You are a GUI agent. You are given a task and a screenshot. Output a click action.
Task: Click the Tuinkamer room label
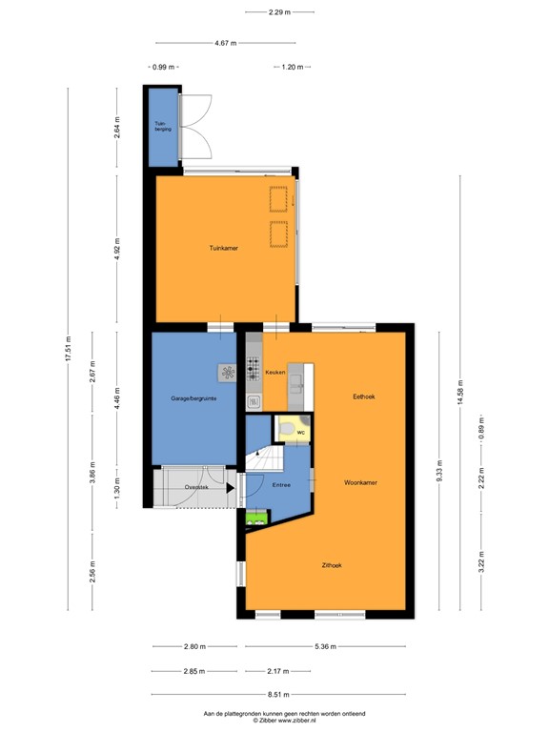[224, 248]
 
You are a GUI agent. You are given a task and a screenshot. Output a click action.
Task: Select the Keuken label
[275, 373]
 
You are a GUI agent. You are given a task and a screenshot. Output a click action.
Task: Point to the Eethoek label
[363, 396]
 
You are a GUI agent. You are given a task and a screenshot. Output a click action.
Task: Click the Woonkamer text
[361, 483]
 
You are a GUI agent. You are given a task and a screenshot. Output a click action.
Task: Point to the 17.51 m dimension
[68, 349]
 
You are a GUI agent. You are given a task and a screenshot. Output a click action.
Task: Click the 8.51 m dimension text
[279, 695]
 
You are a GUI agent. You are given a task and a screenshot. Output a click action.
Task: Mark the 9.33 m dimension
[438, 472]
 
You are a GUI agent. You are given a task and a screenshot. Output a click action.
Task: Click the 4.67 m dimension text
[226, 43]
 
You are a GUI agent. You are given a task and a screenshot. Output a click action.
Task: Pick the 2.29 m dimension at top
[279, 12]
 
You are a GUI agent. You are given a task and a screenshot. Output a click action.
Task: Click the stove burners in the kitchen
[253, 369]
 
